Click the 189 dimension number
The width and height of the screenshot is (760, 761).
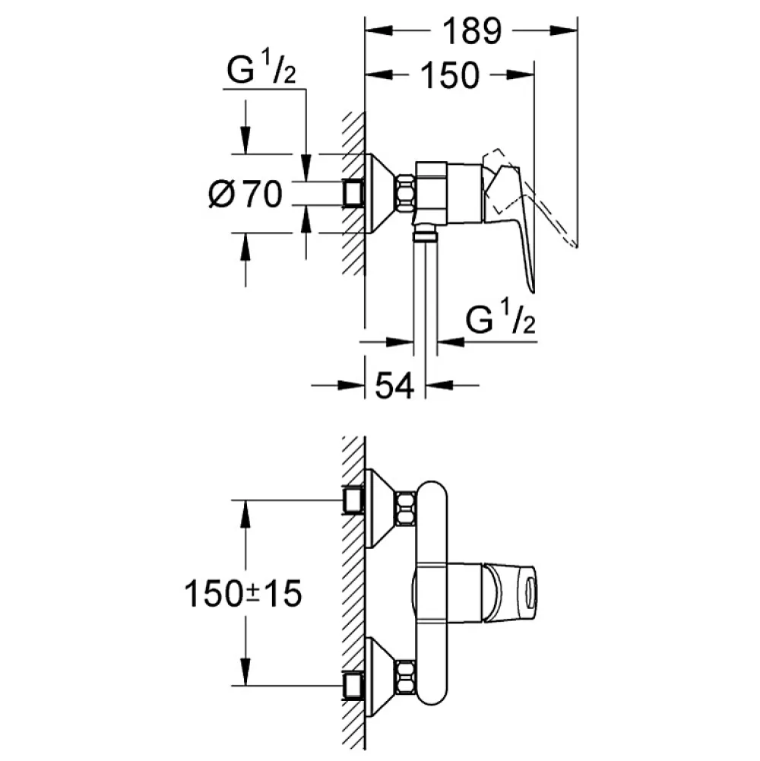(472, 31)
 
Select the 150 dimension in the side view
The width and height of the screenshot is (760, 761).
(450, 76)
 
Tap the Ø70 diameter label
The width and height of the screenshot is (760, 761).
(245, 194)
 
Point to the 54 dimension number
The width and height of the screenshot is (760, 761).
(395, 386)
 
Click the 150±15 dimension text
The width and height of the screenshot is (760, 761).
(243, 594)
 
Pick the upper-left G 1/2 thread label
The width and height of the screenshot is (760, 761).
(261, 69)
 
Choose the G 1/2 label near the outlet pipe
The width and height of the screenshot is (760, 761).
(500, 318)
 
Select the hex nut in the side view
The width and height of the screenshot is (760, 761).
(407, 194)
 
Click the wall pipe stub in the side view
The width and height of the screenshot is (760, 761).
(353, 194)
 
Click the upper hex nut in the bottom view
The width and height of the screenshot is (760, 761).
(407, 508)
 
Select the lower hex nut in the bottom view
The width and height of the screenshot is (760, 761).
(407, 677)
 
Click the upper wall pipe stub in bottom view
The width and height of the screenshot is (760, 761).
(353, 500)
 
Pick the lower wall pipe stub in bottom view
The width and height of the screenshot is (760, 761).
(353, 685)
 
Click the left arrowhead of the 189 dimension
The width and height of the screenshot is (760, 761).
(379, 31)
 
